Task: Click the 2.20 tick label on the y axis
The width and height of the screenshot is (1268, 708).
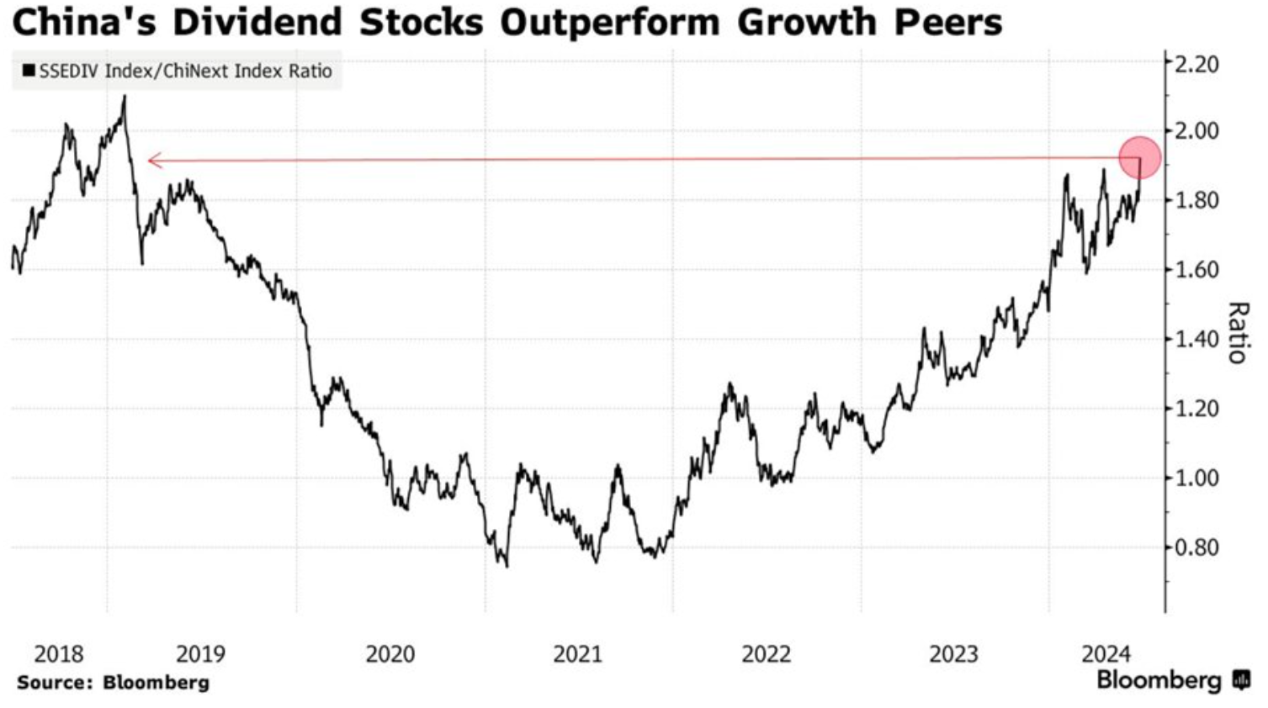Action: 1196,64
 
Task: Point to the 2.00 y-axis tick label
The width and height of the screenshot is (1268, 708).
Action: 1196,132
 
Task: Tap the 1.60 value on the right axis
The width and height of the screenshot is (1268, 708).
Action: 1196,270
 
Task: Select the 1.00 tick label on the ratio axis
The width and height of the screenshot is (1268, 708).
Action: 1196,478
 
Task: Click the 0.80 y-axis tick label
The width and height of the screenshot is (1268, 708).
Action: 1196,548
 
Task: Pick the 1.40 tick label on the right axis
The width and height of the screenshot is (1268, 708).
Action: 1196,340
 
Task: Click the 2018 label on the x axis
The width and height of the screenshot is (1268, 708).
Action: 59,653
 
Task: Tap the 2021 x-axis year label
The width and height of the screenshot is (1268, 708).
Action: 578,653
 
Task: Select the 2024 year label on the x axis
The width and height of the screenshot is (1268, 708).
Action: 1106,653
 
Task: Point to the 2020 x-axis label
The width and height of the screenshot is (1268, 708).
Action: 390,653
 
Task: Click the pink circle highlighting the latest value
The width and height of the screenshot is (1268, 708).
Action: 1140,157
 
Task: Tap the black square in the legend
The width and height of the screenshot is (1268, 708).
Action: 29,71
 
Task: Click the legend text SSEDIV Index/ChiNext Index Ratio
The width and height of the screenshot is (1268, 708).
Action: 185,71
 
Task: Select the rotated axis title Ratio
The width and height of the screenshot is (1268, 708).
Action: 1236,332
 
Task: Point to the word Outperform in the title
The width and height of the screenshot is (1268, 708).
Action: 609,23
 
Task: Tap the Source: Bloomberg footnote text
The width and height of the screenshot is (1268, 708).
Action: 113,682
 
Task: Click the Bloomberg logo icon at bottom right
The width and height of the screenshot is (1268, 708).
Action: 1241,679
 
